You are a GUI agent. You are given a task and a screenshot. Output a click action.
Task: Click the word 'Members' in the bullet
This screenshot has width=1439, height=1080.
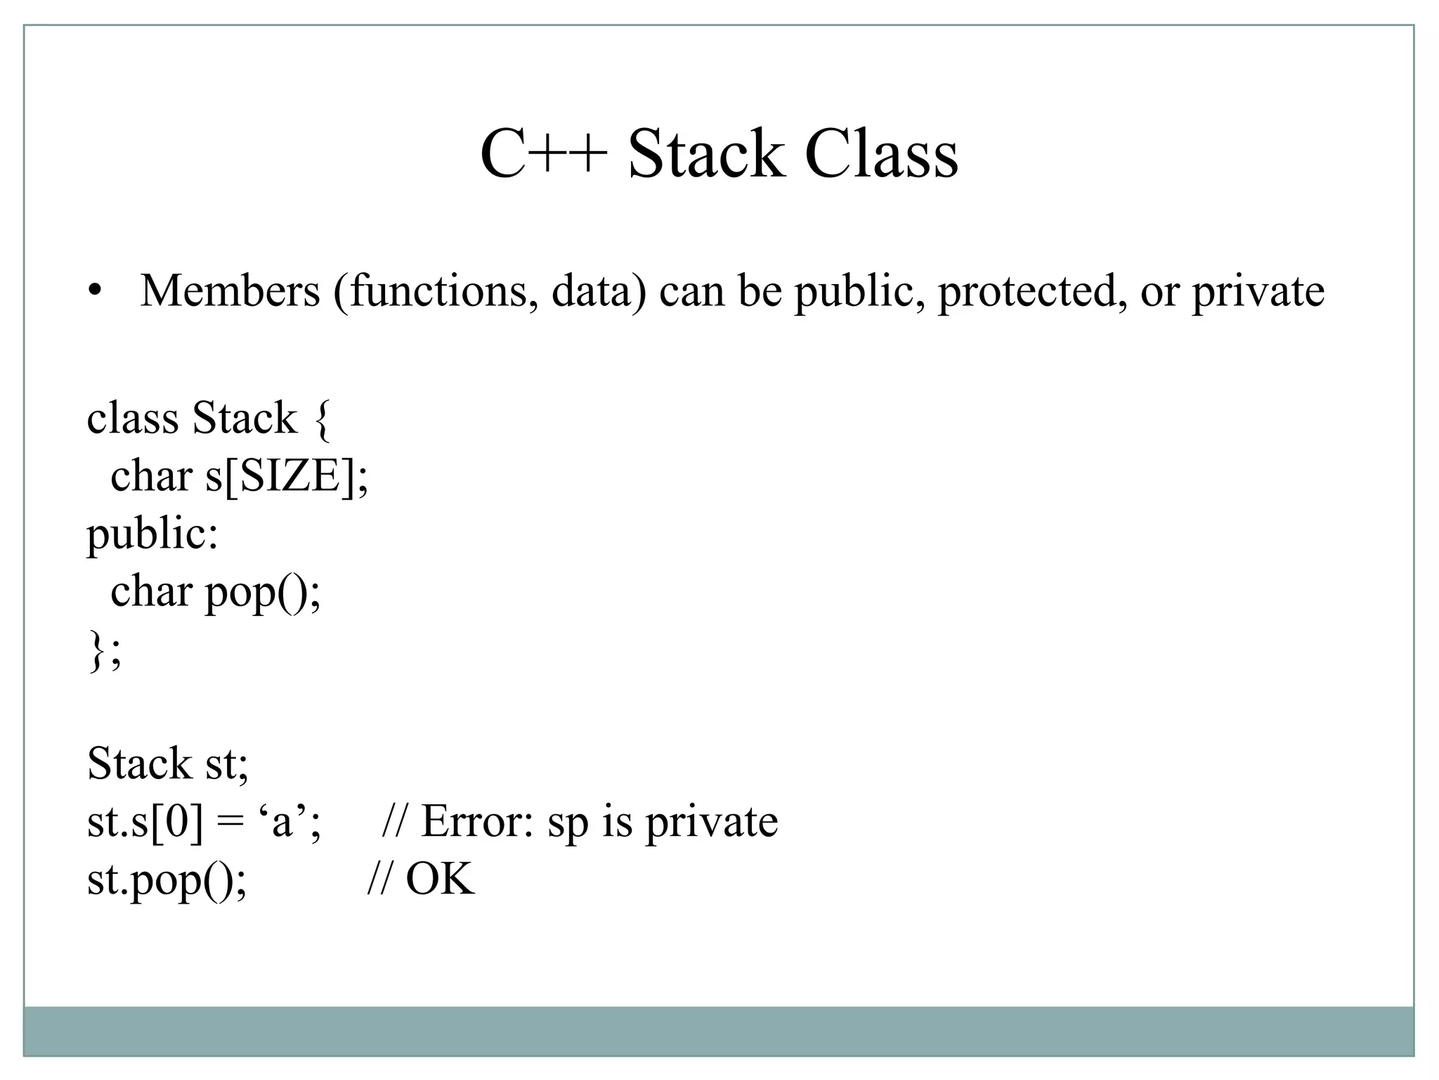[230, 290]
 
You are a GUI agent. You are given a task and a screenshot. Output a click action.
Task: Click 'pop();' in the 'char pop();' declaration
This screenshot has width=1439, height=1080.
[263, 593]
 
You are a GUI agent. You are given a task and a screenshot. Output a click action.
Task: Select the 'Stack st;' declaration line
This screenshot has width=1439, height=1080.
[168, 764]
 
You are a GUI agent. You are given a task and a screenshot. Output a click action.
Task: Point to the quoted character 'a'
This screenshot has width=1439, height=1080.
[282, 821]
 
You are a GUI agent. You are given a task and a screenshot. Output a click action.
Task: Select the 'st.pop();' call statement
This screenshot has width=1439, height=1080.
[167, 880]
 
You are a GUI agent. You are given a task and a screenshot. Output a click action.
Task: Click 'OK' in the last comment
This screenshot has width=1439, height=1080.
[440, 879]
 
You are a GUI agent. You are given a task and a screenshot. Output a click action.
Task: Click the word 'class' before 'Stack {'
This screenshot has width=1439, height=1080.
[132, 419]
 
